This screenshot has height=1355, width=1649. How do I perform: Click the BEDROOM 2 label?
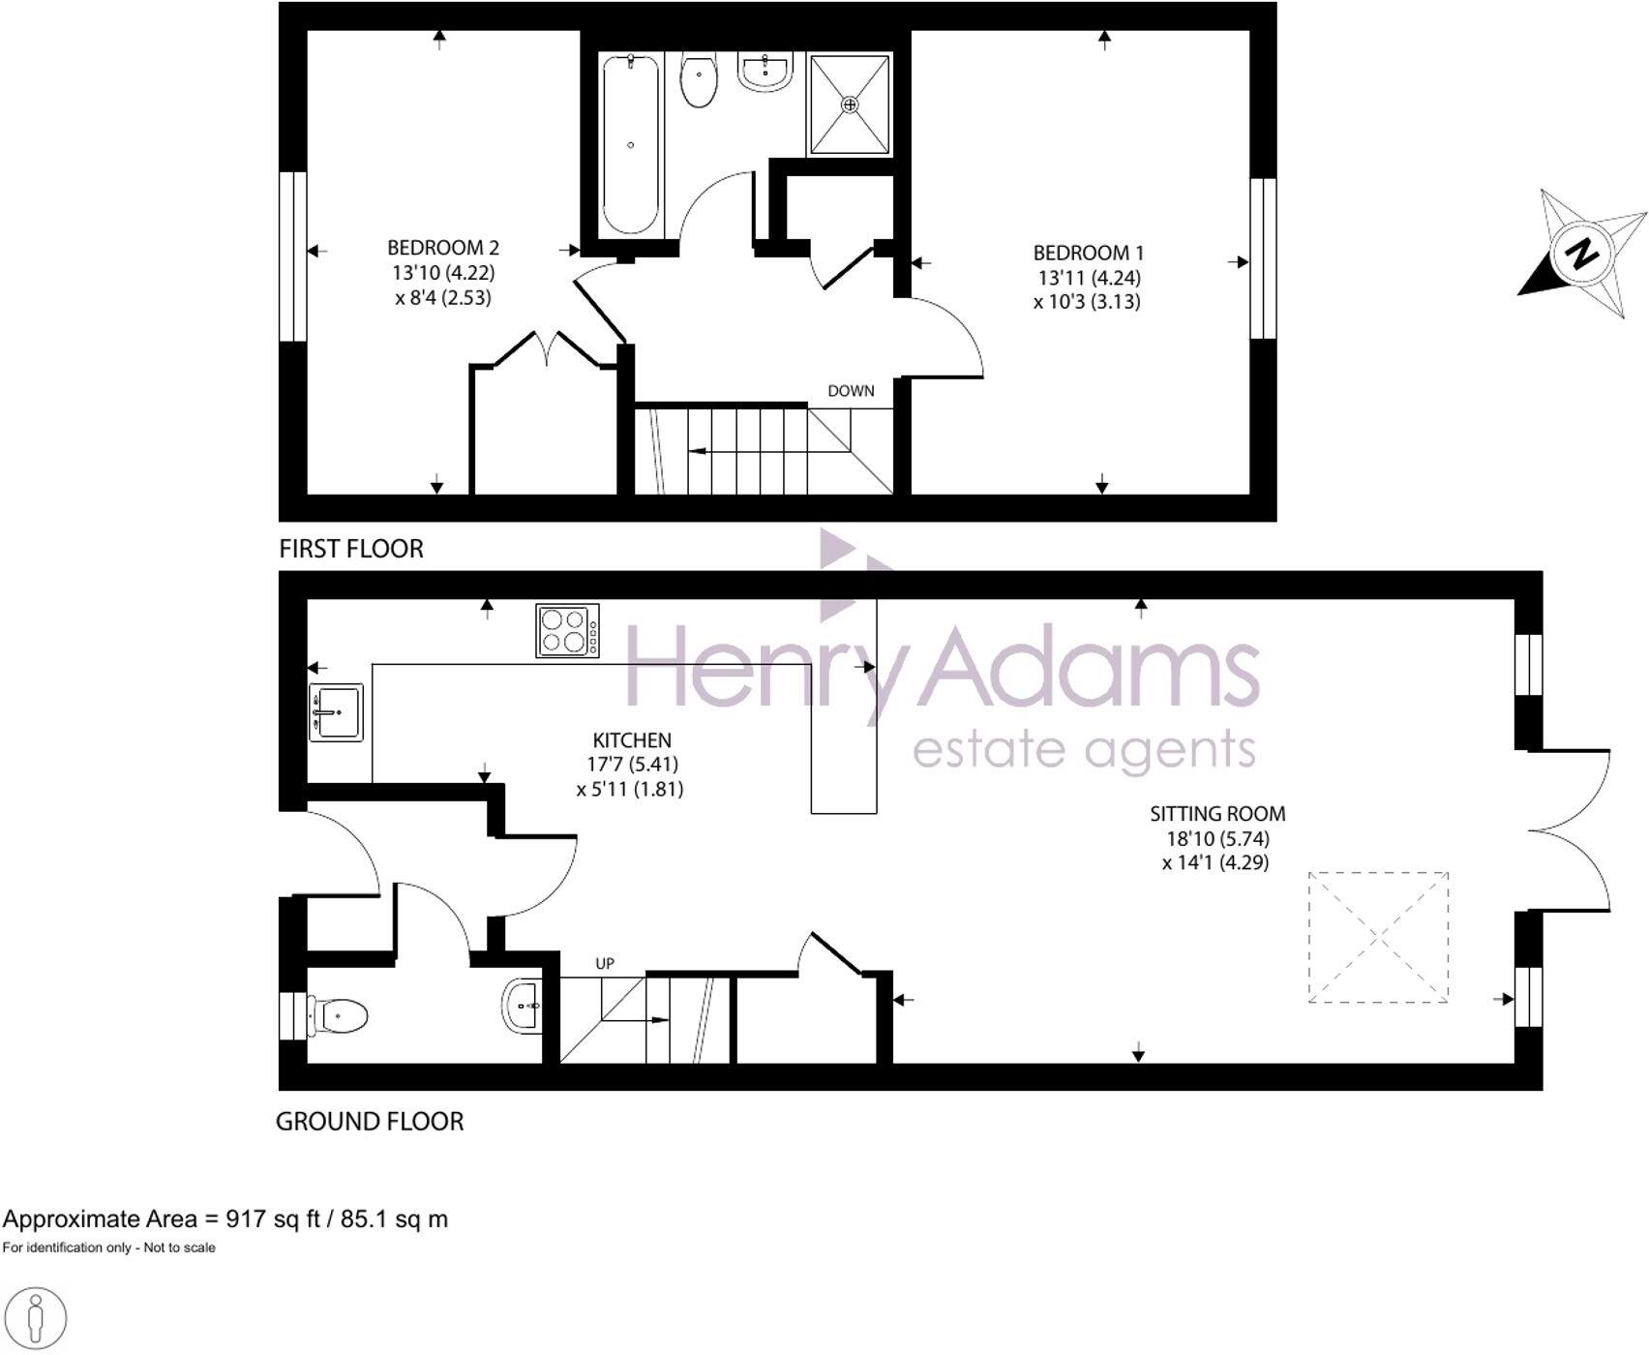coord(443,248)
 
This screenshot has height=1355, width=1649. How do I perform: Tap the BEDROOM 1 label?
coord(1088,254)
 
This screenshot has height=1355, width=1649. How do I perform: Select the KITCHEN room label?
coord(632,740)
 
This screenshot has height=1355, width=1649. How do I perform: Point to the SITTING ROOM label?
coord(1217,814)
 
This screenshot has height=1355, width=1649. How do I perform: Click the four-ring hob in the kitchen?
coord(567,631)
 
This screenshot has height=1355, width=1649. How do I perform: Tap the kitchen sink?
coord(336,712)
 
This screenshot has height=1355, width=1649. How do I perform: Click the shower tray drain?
coord(850,104)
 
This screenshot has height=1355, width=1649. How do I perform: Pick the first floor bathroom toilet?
coord(699,80)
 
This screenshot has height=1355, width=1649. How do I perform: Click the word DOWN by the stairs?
coord(851,391)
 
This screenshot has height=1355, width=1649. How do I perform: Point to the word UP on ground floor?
coord(605,964)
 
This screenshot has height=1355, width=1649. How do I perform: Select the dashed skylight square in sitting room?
coord(1378,937)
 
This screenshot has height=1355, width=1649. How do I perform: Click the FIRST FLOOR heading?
coord(351,549)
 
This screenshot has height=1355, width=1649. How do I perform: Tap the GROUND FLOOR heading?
coord(370,1122)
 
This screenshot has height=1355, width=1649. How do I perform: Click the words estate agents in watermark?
coord(1084,750)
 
